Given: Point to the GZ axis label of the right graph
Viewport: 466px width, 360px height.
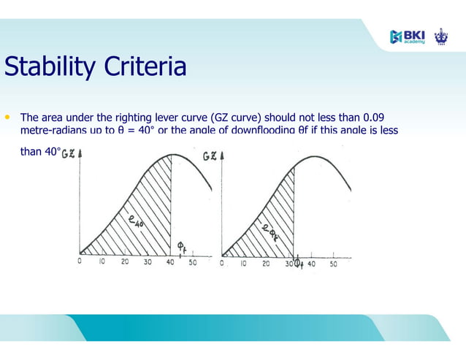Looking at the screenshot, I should [x=209, y=156].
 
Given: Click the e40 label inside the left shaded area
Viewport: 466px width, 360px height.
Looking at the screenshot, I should [x=135, y=218].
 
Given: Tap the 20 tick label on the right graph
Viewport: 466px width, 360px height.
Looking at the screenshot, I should [x=266, y=264].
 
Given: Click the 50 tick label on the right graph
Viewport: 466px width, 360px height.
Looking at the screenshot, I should [x=333, y=264].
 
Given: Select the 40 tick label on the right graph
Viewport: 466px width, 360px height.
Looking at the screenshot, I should [x=311, y=264].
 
